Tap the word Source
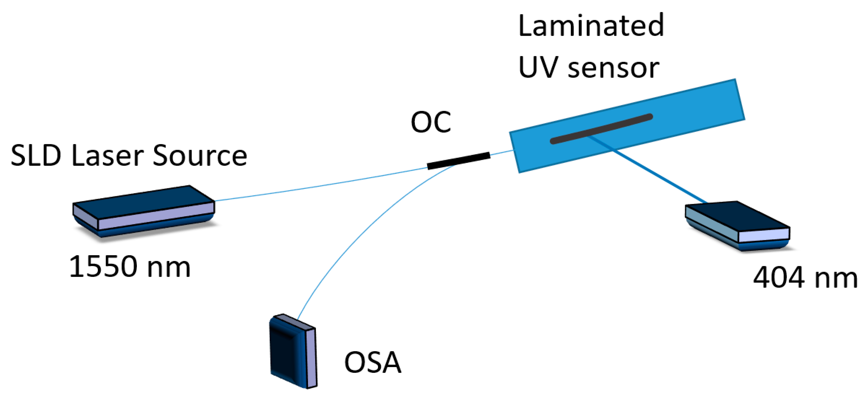pos(200,156)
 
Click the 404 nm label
pos(805,277)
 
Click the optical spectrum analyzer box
pos(293,352)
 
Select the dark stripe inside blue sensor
pos(601,129)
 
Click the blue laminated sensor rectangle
pos(687,111)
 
